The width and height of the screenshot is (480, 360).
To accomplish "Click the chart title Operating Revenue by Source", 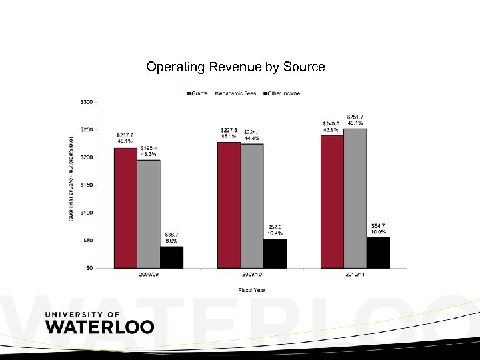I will pos(235,67).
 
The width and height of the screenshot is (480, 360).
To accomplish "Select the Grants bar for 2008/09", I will pos(125,207).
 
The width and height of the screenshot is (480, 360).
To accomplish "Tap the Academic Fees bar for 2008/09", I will pos(149,213).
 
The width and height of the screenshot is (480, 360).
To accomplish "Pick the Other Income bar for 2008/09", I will pos(171,257).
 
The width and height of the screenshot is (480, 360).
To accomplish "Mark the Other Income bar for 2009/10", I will pos(275,253).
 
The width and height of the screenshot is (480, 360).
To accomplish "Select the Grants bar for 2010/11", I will pos(332,201).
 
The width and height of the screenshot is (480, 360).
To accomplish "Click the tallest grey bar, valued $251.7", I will pos(355,198).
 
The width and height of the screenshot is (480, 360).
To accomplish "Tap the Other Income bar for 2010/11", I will pos(378,253).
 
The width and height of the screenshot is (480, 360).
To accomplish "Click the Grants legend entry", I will pos(197,93).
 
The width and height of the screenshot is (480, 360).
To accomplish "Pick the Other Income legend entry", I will pos(281,93).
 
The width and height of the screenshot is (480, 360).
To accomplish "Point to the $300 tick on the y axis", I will pos(87,102).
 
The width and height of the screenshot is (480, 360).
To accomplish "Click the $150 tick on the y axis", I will pos(87,185).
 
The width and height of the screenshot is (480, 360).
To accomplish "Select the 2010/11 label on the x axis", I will pos(355,274).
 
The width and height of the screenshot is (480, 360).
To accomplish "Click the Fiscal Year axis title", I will pos(251,289).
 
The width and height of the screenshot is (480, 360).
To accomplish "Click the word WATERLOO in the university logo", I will pos(99,327).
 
